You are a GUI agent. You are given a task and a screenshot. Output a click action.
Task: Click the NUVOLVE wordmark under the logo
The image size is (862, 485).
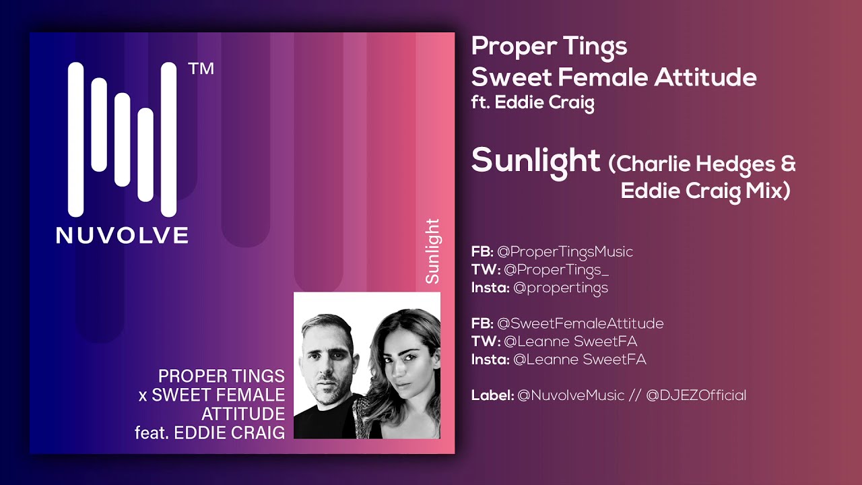[122, 234]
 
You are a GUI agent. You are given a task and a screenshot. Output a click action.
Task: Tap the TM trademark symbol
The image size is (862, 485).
[201, 69]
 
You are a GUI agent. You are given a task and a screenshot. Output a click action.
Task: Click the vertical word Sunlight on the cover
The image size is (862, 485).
[432, 251]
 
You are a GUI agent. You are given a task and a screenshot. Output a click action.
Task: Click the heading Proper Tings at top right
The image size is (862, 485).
[549, 46]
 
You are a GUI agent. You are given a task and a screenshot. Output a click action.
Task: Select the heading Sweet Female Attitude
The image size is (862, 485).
[614, 77]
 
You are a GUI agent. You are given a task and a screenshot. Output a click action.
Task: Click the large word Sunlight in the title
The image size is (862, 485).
[535, 160]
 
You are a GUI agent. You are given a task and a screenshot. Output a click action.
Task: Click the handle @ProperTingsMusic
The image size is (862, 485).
[564, 252]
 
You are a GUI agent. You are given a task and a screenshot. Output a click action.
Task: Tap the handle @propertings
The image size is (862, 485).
[560, 288]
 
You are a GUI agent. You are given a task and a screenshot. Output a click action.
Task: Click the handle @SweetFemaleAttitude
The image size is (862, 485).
[580, 323]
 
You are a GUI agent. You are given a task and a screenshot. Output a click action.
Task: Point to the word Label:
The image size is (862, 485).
[492, 395]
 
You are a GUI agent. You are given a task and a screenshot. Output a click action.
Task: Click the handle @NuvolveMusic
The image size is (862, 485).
[570, 395]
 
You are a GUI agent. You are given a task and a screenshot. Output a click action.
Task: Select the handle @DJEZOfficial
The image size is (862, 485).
[696, 395]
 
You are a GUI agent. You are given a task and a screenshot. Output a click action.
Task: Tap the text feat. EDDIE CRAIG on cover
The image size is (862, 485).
[209, 432]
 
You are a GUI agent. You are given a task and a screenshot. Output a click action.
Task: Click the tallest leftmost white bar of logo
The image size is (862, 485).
[75, 140]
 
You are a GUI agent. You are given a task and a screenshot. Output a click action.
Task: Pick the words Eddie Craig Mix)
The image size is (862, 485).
[704, 191]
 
